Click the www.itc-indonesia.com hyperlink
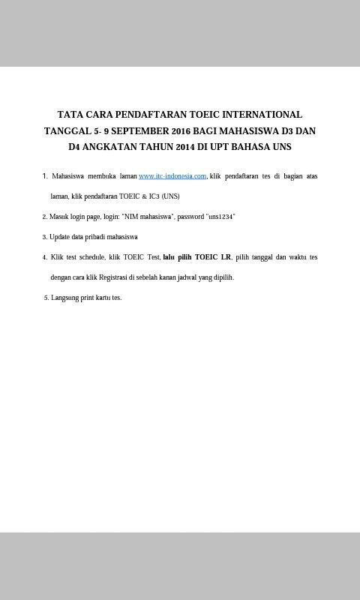172,176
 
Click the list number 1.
44,176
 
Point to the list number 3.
44,237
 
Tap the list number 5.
46,298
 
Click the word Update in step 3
59,237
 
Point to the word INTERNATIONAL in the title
262,115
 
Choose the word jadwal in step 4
187,277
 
